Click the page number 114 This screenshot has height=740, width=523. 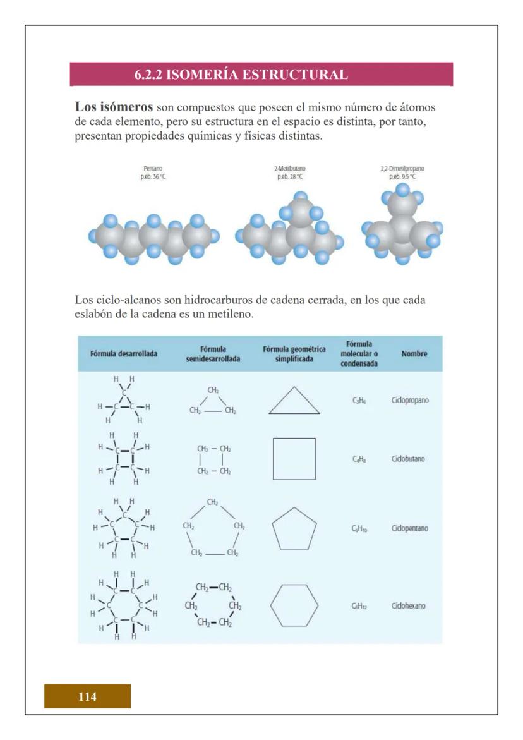(87, 697)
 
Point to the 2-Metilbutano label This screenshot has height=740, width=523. (291, 169)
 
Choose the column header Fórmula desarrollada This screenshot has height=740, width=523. (124, 354)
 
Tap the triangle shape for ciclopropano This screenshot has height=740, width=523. (294, 402)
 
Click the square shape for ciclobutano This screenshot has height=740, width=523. (294, 459)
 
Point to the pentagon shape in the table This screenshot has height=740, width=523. (294, 529)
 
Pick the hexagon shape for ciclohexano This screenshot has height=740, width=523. (294, 605)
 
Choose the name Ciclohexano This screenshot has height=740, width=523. (411, 605)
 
